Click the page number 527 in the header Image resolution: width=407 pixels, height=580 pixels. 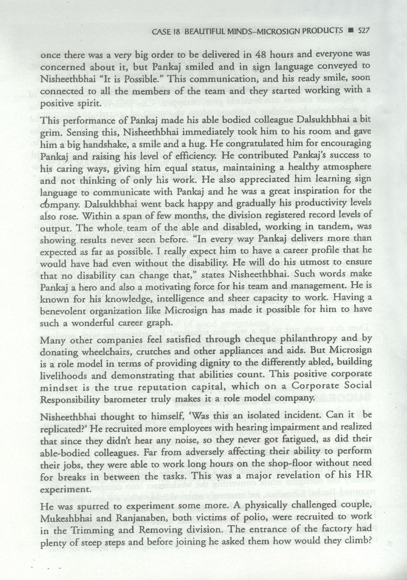[x=364, y=31]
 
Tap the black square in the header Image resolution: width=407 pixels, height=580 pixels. [x=351, y=31]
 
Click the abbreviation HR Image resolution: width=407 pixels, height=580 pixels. [x=365, y=476]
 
